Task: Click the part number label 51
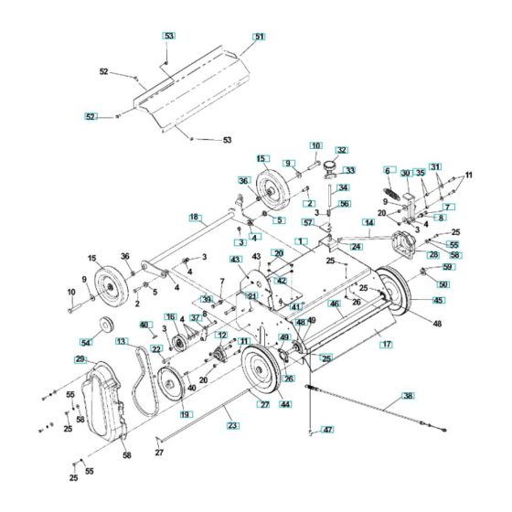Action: tap(259, 37)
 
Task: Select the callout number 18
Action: tap(194, 217)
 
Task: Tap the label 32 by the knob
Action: tap(342, 150)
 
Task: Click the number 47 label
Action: tap(328, 429)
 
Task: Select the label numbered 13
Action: tap(121, 340)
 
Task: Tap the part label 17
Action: tap(387, 345)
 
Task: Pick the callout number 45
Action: tap(439, 300)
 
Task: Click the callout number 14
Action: tap(368, 222)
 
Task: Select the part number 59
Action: tap(447, 267)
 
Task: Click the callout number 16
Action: tap(171, 316)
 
